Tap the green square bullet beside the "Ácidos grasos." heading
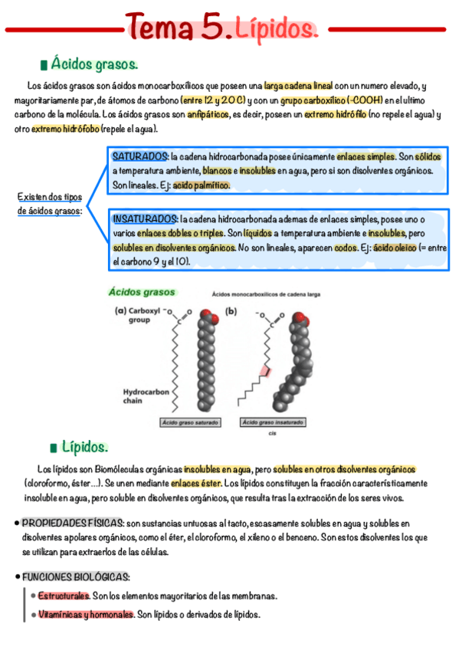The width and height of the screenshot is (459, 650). [43, 64]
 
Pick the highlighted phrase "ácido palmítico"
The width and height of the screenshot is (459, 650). [201, 185]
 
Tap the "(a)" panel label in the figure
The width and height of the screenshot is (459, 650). [120, 310]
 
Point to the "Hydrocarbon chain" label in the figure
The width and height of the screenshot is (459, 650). [145, 395]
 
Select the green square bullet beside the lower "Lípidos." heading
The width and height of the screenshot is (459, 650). [53, 447]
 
